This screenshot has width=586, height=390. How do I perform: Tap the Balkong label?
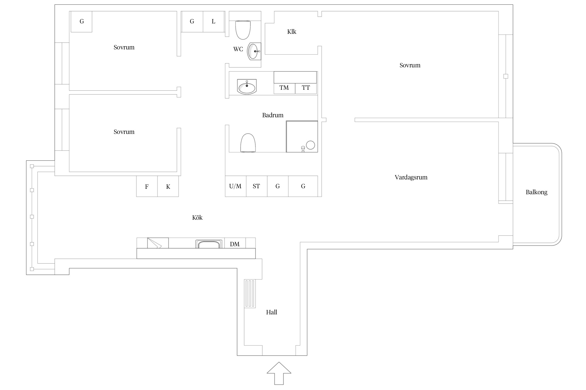[537, 192]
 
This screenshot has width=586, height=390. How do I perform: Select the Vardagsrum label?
[411, 177]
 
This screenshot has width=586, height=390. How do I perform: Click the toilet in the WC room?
[243, 30]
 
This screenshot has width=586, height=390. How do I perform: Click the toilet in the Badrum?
[248, 143]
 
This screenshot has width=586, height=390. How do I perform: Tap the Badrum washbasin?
[247, 87]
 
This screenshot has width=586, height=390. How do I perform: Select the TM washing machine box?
[284, 88]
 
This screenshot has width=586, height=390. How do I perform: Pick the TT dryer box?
[306, 88]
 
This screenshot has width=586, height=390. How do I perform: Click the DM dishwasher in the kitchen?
[235, 243]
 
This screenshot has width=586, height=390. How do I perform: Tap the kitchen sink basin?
[209, 244]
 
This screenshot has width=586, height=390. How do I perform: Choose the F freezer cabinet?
[147, 186]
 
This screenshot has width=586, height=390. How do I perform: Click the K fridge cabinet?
[168, 186]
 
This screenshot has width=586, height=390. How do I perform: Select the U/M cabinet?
[236, 186]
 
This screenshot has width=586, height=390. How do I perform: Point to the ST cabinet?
[257, 186]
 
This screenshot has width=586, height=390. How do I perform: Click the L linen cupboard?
[214, 22]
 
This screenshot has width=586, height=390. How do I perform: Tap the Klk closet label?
[292, 32]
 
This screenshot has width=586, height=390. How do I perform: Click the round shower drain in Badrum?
[310, 145]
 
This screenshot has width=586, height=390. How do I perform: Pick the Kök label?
[197, 218]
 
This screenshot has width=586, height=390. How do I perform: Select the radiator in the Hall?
[250, 294]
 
